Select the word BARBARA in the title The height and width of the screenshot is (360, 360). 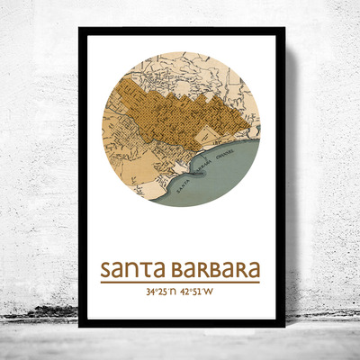coord(214,270)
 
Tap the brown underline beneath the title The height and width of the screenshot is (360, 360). coord(180,283)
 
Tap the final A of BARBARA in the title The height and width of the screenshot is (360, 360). coord(253,270)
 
